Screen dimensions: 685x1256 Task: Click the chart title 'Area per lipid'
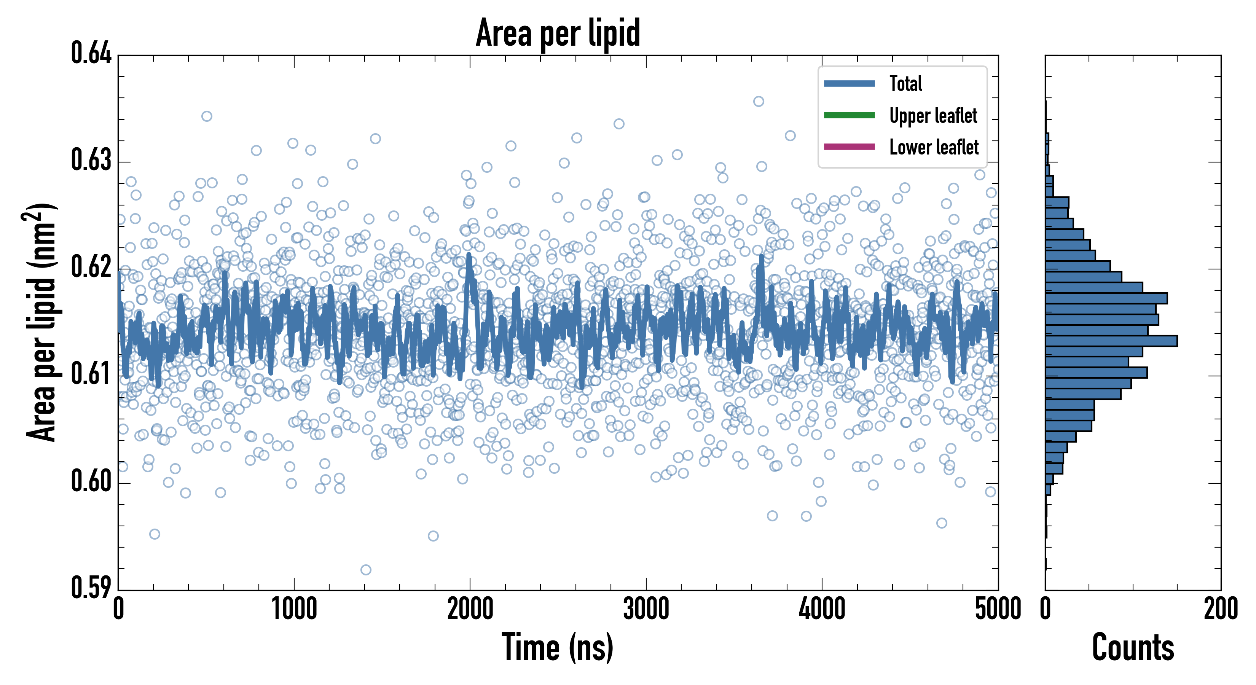coord(558,33)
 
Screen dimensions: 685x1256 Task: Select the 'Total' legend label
coord(905,83)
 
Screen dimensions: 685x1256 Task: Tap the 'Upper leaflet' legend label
coord(933,116)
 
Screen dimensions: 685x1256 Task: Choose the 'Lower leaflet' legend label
coord(934,147)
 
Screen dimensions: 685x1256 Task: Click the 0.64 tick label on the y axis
coord(91,53)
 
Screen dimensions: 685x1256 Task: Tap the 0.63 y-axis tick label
coord(91,160)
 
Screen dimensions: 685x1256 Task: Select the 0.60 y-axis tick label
coord(91,481)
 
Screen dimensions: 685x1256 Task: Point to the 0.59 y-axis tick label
coord(91,588)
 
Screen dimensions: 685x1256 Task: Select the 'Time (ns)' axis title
coord(558,647)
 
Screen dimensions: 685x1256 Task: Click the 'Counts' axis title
coord(1133,647)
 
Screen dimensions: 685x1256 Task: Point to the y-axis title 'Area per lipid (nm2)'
coord(41,322)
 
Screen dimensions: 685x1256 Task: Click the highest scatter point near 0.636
coord(758,101)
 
